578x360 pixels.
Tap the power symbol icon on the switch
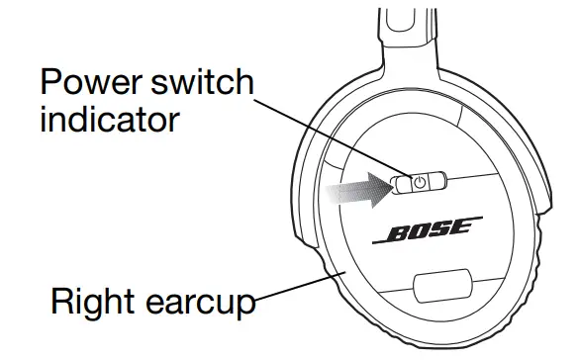click(420, 182)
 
